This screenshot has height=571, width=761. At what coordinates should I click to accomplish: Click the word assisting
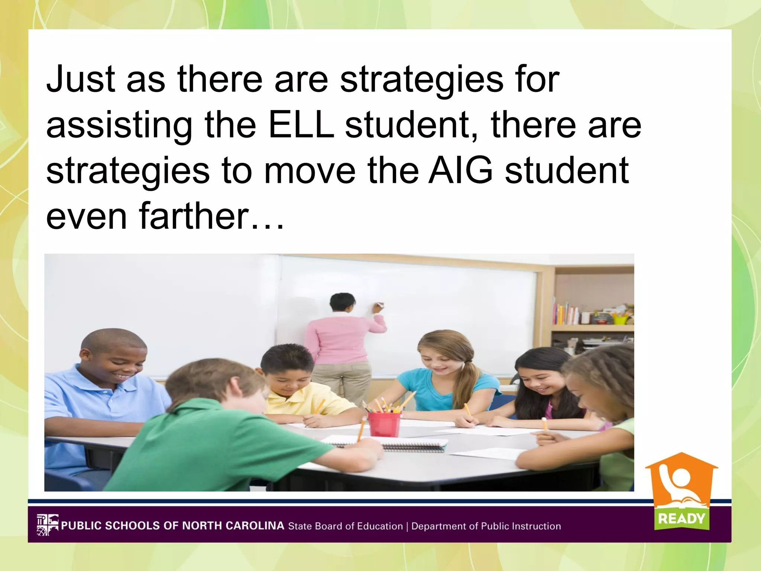click(119, 125)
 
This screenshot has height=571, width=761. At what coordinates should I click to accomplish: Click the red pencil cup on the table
click(384, 423)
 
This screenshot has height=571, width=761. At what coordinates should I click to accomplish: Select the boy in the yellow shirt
click(294, 387)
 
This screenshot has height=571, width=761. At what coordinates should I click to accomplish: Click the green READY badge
click(681, 518)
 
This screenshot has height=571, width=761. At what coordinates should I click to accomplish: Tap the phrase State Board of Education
click(346, 526)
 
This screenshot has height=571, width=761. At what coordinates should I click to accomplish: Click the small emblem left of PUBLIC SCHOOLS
click(48, 525)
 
